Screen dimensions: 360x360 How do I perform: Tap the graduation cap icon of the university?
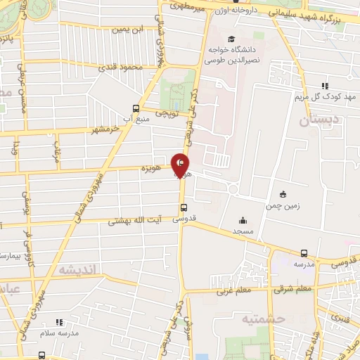tap(231, 40)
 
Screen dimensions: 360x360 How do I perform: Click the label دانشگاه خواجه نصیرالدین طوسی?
tap(231, 56)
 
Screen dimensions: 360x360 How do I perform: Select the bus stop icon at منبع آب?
tap(136, 108)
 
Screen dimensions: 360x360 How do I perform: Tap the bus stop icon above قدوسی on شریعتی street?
tap(183, 207)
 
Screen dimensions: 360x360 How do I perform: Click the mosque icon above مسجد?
tap(243, 220)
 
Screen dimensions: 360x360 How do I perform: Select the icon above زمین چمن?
tap(283, 193)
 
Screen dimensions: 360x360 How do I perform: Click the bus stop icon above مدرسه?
tap(304, 253)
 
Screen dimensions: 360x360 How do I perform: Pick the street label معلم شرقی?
tap(276, 288)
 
